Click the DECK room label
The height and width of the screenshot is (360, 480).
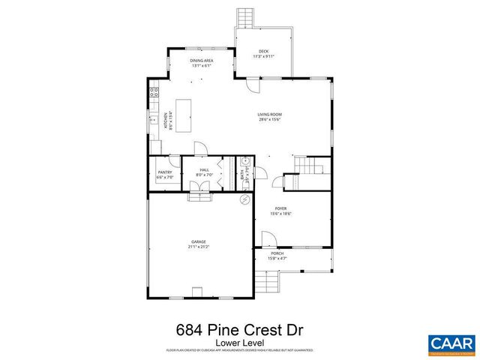tap(263, 51)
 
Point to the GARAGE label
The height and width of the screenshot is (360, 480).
tap(198, 241)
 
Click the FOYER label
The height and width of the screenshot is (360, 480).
tap(281, 208)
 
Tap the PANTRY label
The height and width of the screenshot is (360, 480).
tap(165, 172)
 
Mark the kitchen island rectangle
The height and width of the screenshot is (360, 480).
tap(184, 115)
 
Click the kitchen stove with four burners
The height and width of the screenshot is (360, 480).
tap(154, 93)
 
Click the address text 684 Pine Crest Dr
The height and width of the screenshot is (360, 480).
tap(239, 329)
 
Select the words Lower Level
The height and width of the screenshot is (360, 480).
tap(239, 343)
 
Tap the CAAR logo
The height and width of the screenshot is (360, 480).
tap(451, 343)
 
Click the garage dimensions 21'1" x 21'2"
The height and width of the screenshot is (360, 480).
tap(198, 246)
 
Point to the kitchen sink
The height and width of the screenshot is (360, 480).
tap(154, 120)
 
